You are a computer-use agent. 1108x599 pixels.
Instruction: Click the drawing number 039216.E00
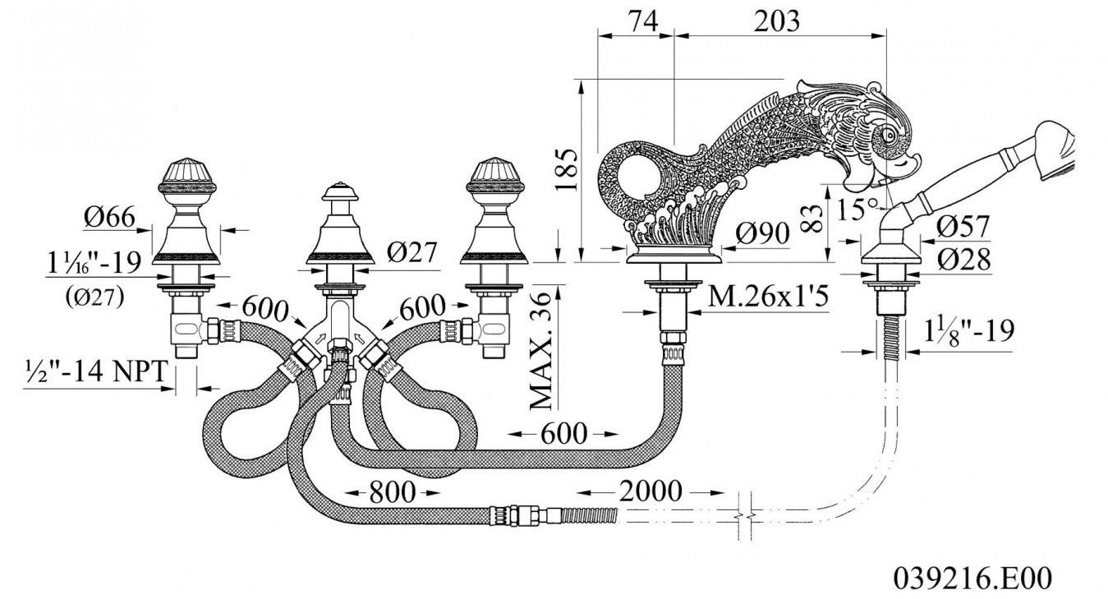973,578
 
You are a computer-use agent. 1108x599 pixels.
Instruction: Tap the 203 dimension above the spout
777,21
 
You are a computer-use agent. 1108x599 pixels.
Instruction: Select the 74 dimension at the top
643,21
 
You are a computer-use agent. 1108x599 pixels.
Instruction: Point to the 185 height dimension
566,169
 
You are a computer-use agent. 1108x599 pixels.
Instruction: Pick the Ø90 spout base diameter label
762,233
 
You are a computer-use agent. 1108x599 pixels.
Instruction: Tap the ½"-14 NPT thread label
96,371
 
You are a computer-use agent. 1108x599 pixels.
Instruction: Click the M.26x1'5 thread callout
769,297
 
